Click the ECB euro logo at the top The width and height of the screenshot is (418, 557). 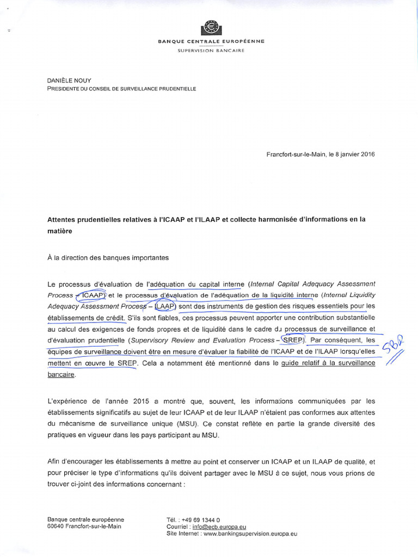pyautogui.click(x=211, y=28)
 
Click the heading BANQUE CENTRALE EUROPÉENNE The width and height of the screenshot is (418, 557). pyautogui.click(x=211, y=41)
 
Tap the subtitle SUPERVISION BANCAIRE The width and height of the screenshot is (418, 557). pyautogui.click(x=211, y=51)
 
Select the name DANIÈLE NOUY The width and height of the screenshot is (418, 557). pyautogui.click(x=69, y=81)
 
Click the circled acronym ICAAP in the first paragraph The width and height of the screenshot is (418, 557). pyautogui.click(x=91, y=295)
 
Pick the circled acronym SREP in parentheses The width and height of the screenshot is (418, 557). pyautogui.click(x=292, y=340)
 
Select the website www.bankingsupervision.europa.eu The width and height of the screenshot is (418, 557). pyautogui.click(x=250, y=534)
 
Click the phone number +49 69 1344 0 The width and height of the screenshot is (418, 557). pyautogui.click(x=201, y=520)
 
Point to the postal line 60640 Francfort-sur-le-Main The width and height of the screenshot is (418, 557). pyautogui.click(x=84, y=527)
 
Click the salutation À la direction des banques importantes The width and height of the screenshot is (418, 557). pyautogui.click(x=108, y=258)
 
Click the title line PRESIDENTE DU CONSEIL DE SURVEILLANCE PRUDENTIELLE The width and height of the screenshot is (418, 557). pyautogui.click(x=121, y=89)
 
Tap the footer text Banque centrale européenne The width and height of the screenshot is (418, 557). pyautogui.click(x=85, y=519)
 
